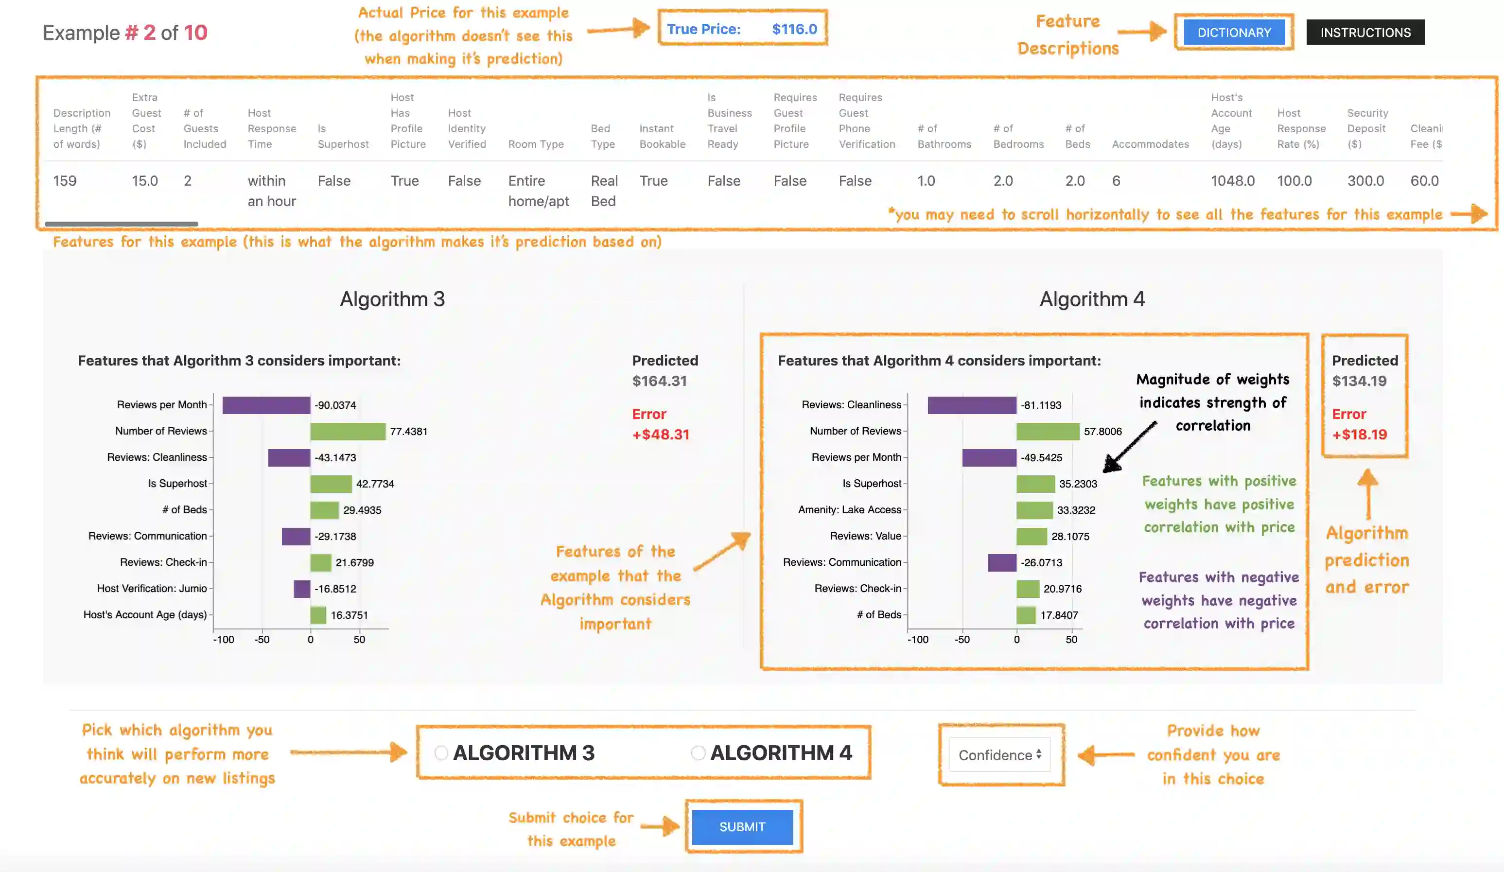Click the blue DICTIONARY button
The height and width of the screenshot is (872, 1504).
pyautogui.click(x=1234, y=32)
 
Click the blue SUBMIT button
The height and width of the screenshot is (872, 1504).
pyautogui.click(x=742, y=827)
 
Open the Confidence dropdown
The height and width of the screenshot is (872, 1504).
pyautogui.click(x=1000, y=755)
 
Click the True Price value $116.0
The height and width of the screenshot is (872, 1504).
pyautogui.click(x=794, y=29)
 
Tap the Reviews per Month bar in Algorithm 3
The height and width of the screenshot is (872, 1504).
pyautogui.click(x=266, y=405)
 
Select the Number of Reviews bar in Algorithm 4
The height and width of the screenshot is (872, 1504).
pyautogui.click(x=1048, y=431)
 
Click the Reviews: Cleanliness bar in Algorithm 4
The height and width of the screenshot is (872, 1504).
pyautogui.click(x=972, y=405)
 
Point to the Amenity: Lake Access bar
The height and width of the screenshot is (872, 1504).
pyautogui.click(x=1034, y=510)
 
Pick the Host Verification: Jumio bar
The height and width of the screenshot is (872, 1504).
pyautogui.click(x=302, y=589)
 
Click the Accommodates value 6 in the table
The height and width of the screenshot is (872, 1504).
pyautogui.click(x=1116, y=181)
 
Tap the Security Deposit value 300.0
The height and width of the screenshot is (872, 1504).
pyautogui.click(x=1365, y=181)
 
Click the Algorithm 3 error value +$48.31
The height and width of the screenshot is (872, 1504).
pyautogui.click(x=661, y=435)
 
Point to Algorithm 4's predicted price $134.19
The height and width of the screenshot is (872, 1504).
pyautogui.click(x=1360, y=381)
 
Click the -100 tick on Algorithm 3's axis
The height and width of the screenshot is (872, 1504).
pyautogui.click(x=224, y=639)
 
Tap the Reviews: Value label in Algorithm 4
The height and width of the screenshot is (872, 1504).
pyautogui.click(x=865, y=536)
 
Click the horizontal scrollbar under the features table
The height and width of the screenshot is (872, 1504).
pyautogui.click(x=121, y=224)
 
